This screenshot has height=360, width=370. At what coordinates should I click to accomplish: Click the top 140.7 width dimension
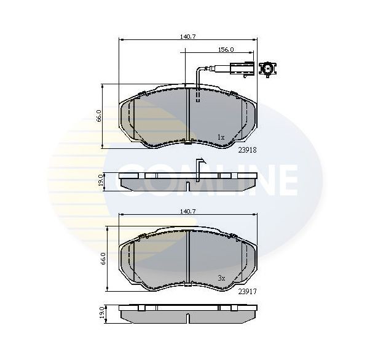187,37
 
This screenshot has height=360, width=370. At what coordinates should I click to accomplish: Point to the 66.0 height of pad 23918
99,116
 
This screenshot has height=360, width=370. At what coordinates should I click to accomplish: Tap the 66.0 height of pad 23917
104,258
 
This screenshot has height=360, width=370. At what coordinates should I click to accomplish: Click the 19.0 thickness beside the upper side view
101,182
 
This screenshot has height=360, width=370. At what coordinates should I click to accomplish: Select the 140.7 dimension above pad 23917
187,211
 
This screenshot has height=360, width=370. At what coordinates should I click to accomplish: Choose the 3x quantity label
221,278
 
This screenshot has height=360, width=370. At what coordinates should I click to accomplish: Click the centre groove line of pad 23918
187,117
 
